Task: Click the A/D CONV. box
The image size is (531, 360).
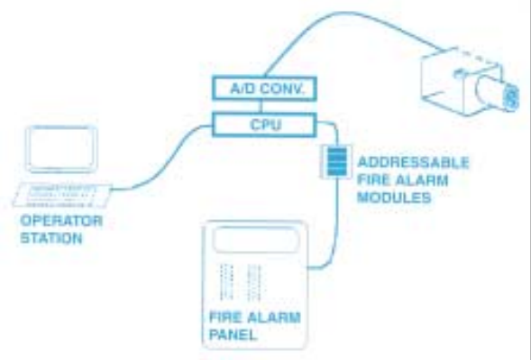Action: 265,88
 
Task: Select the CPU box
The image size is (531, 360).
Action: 265,125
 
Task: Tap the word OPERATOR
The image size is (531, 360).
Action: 61,221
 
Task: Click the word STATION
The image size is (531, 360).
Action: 51,238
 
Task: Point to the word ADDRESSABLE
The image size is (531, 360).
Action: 413,162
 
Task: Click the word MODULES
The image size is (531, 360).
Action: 394,198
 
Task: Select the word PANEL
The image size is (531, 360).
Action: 233,335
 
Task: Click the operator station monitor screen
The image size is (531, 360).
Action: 61,149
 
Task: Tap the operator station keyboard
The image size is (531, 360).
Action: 62,195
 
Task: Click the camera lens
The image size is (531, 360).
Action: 497,92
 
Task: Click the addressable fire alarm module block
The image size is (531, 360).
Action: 337,162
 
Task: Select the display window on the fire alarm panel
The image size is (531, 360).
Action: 255,239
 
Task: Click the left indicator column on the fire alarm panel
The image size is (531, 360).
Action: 226,282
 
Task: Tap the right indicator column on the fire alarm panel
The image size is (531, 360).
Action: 254,282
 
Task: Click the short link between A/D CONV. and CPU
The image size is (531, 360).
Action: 261,106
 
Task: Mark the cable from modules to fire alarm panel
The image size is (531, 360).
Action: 336,224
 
